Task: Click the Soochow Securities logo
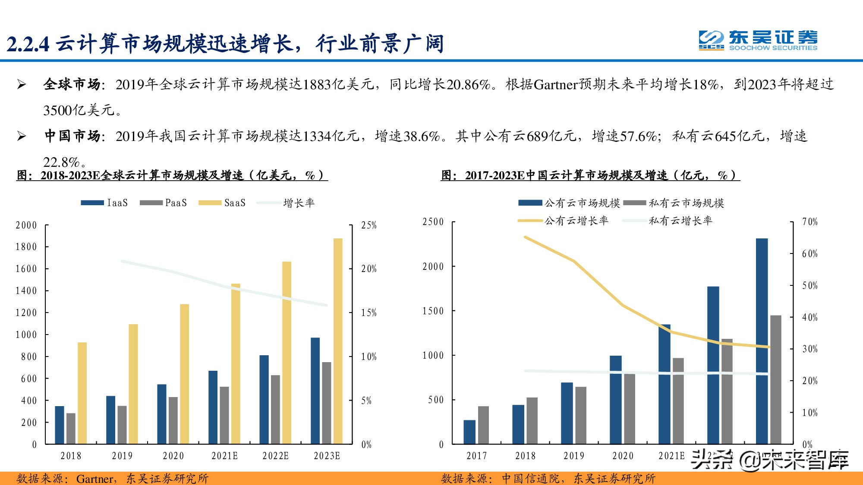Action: [758, 41]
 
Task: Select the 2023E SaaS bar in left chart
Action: [338, 341]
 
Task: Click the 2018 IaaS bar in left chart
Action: [60, 425]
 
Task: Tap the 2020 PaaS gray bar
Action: [173, 420]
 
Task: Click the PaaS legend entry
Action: [164, 203]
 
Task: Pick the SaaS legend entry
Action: [222, 203]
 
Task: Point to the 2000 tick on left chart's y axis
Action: [26, 225]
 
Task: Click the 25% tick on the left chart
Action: [369, 225]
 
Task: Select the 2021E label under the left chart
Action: [224, 456]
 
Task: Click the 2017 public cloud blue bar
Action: [469, 432]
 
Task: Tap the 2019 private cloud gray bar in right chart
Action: [581, 415]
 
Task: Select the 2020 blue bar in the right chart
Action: [616, 400]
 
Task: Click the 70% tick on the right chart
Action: [810, 222]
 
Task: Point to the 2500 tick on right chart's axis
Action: [433, 222]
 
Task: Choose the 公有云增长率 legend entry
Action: [563, 221]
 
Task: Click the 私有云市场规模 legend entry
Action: [674, 203]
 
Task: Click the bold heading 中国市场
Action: [72, 136]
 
